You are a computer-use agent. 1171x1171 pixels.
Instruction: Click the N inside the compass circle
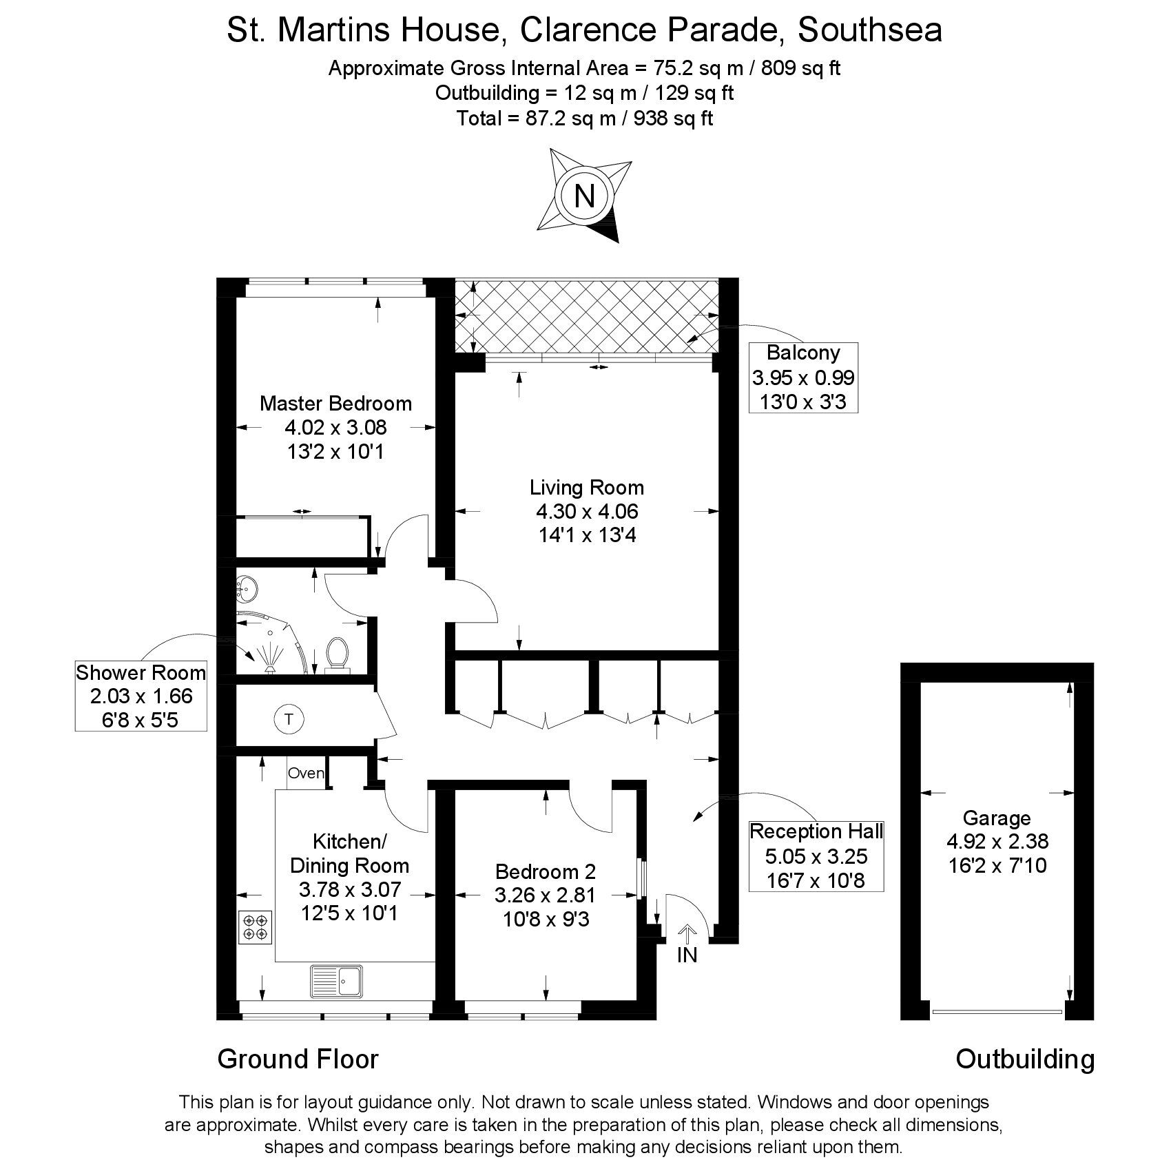click(x=584, y=197)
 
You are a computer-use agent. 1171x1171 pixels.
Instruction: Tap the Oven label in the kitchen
click(x=306, y=773)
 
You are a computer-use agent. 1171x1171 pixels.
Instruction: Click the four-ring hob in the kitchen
click(x=256, y=927)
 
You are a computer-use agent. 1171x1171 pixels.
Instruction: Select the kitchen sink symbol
click(x=337, y=981)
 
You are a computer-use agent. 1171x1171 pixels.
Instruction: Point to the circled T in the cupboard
click(x=289, y=720)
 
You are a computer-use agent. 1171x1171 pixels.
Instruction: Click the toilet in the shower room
click(x=336, y=653)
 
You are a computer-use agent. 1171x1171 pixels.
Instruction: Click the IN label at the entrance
click(x=687, y=955)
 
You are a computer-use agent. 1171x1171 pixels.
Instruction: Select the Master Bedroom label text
click(x=335, y=403)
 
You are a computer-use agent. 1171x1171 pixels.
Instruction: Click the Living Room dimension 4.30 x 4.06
click(x=587, y=511)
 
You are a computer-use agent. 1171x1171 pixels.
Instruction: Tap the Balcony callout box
click(x=803, y=377)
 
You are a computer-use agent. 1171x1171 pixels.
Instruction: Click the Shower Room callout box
click(x=141, y=696)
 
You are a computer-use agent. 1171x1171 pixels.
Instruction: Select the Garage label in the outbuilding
click(x=996, y=818)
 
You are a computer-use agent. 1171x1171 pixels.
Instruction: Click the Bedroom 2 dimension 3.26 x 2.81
click(x=545, y=895)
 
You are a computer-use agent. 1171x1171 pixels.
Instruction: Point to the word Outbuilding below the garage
click(x=1025, y=1059)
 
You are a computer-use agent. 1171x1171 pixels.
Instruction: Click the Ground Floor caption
click(x=298, y=1059)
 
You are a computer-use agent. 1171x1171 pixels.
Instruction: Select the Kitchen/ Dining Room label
click(x=349, y=853)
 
